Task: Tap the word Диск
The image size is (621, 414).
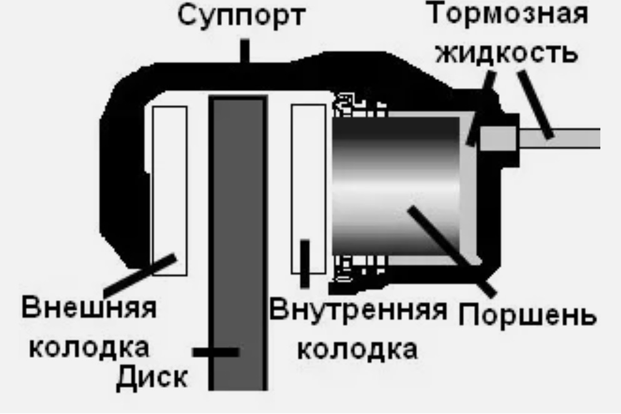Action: tap(154, 377)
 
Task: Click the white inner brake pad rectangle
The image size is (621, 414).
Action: tap(308, 175)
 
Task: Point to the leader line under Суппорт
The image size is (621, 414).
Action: tap(245, 51)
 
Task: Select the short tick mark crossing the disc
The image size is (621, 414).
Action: tap(216, 352)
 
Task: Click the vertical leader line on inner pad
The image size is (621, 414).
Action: tap(305, 263)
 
